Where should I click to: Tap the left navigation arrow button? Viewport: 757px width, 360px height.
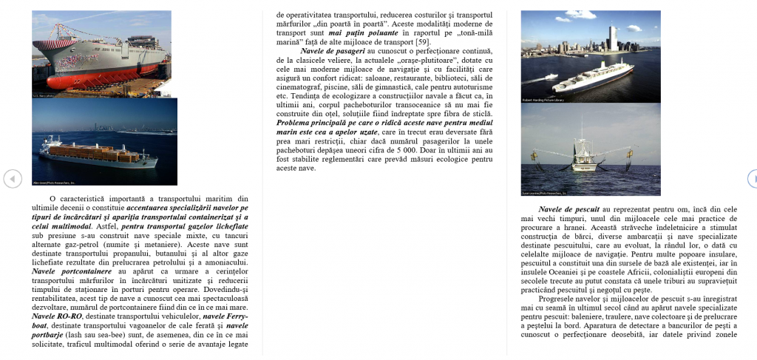(12, 179)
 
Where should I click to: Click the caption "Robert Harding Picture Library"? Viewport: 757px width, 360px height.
(543, 99)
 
